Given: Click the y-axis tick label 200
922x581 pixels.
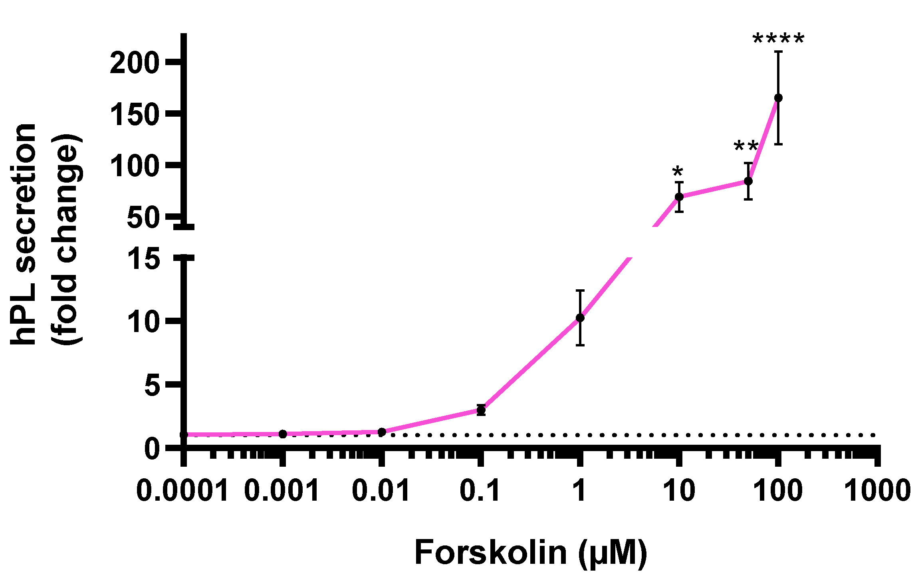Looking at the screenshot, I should [x=135, y=63].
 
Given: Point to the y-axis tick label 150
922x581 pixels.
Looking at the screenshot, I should [x=135, y=115].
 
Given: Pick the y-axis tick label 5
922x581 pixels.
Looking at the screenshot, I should [x=152, y=386].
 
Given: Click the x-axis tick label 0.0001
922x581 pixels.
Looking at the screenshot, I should [x=182, y=490].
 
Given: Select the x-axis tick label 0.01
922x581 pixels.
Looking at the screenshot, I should [x=381, y=490].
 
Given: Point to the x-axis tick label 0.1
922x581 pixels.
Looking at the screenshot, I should [x=480, y=490].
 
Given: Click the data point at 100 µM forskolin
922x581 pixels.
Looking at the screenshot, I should [x=778, y=98].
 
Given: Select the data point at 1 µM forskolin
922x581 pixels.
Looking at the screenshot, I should [x=580, y=318].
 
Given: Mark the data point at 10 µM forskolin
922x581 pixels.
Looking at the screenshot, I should [x=679, y=197].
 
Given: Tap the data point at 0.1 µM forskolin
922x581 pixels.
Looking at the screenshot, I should [x=481, y=410].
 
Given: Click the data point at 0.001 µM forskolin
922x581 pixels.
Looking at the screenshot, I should [x=283, y=434].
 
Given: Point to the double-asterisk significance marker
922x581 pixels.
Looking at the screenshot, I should [x=746, y=147].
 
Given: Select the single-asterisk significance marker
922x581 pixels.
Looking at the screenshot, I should [x=678, y=173].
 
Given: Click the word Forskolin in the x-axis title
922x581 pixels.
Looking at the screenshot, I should [x=491, y=553].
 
